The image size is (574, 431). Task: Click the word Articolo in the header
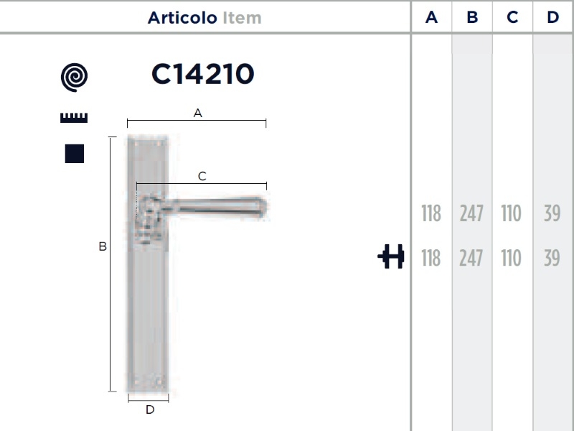[182, 17]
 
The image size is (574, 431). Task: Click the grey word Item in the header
[242, 17]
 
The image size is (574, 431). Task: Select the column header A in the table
[432, 17]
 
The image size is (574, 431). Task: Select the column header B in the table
[472, 17]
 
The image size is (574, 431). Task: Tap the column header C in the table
[512, 17]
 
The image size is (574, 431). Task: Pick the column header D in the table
[552, 17]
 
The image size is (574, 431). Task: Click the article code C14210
[203, 74]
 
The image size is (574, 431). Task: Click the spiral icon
[75, 78]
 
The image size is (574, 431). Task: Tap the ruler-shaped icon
[74, 118]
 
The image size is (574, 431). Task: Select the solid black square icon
[75, 154]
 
